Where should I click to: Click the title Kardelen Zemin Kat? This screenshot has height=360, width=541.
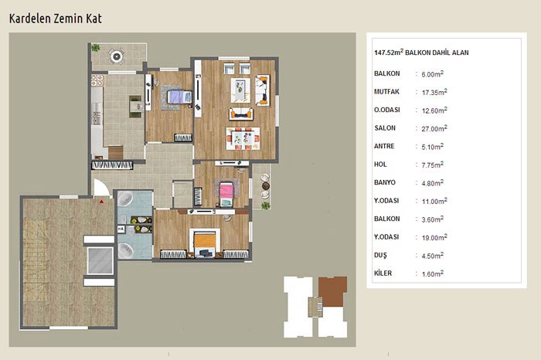point(55,19)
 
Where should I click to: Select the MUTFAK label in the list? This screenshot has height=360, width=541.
point(386,92)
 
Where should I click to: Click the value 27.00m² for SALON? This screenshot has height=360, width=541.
point(434,128)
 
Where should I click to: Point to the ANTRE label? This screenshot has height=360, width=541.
point(384,146)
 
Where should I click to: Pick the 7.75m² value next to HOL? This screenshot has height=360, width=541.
point(432,165)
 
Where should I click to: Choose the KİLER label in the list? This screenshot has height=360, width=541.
point(383,273)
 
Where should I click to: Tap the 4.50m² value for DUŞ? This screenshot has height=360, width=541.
point(432,256)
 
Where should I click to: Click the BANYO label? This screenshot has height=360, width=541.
point(385,182)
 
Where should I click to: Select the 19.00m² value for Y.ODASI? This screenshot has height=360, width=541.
point(434,237)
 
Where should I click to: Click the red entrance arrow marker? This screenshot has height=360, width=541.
point(101,201)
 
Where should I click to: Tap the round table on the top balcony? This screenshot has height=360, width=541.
point(117,56)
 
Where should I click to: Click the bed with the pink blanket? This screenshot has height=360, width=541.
point(226,194)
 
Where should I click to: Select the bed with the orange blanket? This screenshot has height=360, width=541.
point(205,243)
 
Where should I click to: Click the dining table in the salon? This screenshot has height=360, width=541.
point(243,138)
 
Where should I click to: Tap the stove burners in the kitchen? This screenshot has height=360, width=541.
point(97,80)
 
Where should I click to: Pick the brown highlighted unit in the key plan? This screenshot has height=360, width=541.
point(332,291)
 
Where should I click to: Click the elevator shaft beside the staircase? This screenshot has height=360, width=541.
point(100,260)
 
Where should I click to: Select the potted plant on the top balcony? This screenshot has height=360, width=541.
point(96,48)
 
